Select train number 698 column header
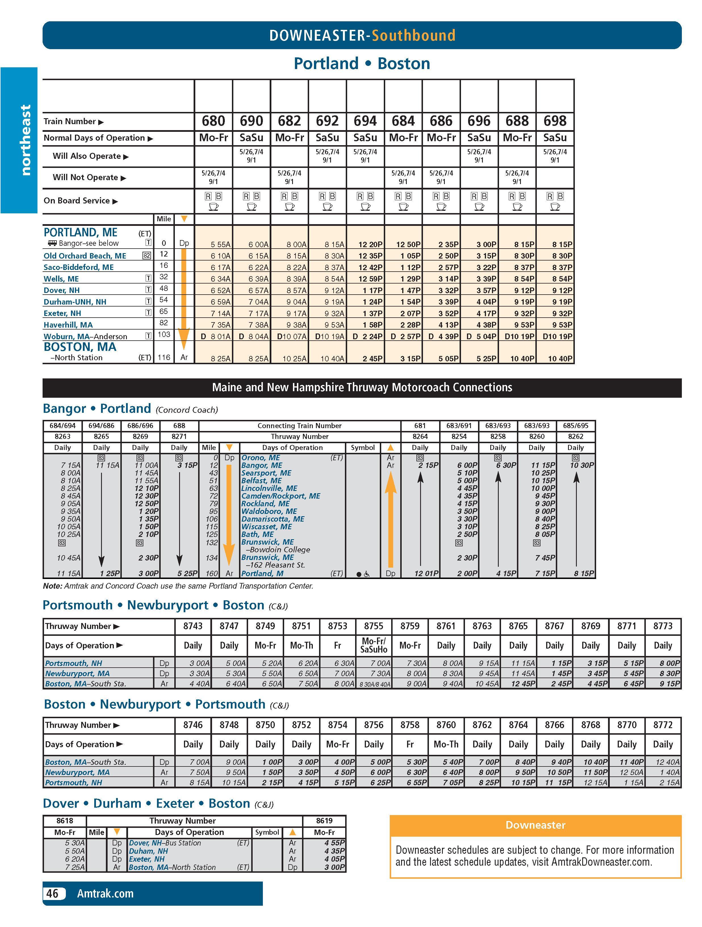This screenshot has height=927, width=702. coord(555,121)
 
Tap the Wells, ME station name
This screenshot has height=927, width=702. coord(61,279)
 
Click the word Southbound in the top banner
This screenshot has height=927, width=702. coord(413,35)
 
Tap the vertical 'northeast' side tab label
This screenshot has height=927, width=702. coord(25,140)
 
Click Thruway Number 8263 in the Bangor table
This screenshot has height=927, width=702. coord(62,436)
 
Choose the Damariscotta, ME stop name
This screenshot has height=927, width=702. coord(273,519)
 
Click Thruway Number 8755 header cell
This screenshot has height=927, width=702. coord(373,626)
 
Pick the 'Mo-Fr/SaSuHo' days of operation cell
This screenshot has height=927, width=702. coord(373,645)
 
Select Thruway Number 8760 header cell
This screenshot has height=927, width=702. coord(446,725)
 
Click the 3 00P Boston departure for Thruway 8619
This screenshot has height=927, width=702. coord(335,867)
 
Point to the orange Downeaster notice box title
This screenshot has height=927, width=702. coord(535,825)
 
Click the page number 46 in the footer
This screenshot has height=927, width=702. coord(52,894)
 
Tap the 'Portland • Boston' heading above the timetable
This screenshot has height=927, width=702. coord(362,64)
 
